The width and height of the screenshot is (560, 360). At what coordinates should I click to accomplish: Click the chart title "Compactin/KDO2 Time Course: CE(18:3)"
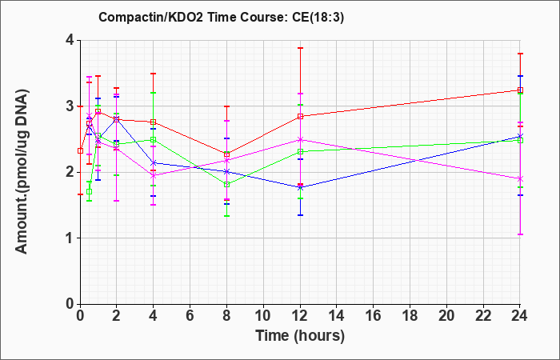(x=221, y=17)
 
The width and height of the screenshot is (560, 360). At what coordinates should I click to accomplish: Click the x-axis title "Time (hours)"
(x=300, y=336)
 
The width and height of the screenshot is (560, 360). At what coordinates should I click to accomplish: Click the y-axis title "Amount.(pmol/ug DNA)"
(x=22, y=172)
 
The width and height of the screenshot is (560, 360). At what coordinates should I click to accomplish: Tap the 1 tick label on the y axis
(x=70, y=238)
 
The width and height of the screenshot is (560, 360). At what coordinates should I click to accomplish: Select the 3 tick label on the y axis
(x=70, y=106)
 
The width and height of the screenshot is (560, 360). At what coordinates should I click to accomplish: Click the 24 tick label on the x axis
(x=519, y=316)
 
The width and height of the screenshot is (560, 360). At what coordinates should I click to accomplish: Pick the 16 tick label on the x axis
(x=374, y=316)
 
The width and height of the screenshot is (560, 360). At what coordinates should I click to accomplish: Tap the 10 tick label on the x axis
(x=263, y=316)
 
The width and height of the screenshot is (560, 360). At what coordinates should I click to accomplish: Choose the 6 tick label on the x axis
(x=190, y=316)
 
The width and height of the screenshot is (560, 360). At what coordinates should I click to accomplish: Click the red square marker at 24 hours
(x=520, y=90)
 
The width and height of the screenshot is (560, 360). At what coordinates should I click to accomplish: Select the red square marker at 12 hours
(x=300, y=117)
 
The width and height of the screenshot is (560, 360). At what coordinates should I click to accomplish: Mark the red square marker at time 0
(x=81, y=150)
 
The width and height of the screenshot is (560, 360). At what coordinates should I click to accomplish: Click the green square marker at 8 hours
(x=226, y=185)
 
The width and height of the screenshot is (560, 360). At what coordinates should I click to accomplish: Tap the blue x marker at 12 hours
(x=300, y=187)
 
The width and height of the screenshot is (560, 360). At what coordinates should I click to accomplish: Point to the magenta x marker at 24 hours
(x=520, y=178)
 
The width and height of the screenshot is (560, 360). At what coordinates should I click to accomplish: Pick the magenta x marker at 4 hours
(x=154, y=176)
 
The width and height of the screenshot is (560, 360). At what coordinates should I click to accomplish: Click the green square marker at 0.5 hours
(x=90, y=192)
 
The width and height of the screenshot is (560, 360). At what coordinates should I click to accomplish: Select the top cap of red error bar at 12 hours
(x=300, y=48)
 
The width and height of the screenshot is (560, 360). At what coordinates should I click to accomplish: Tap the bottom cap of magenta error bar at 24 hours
(x=520, y=234)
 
